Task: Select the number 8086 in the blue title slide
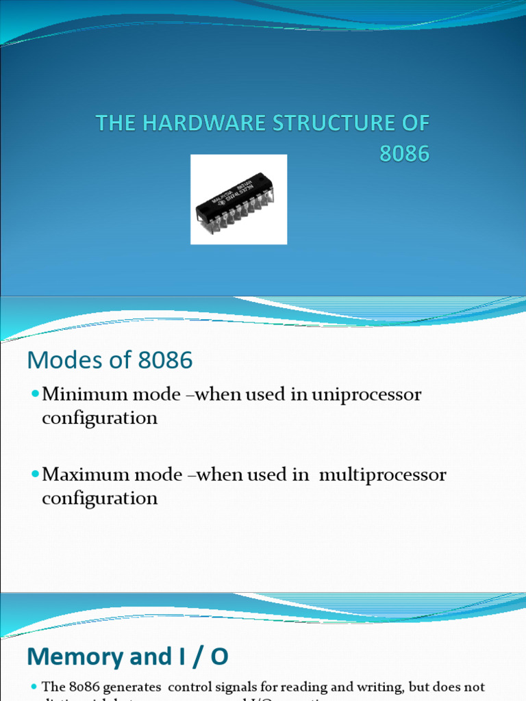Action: point(405,154)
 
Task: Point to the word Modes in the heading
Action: point(59,360)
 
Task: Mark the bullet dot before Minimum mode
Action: point(36,395)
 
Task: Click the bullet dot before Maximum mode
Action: point(36,475)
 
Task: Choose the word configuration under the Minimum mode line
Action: point(99,418)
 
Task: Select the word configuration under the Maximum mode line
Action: point(99,498)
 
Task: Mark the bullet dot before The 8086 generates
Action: point(34,687)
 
